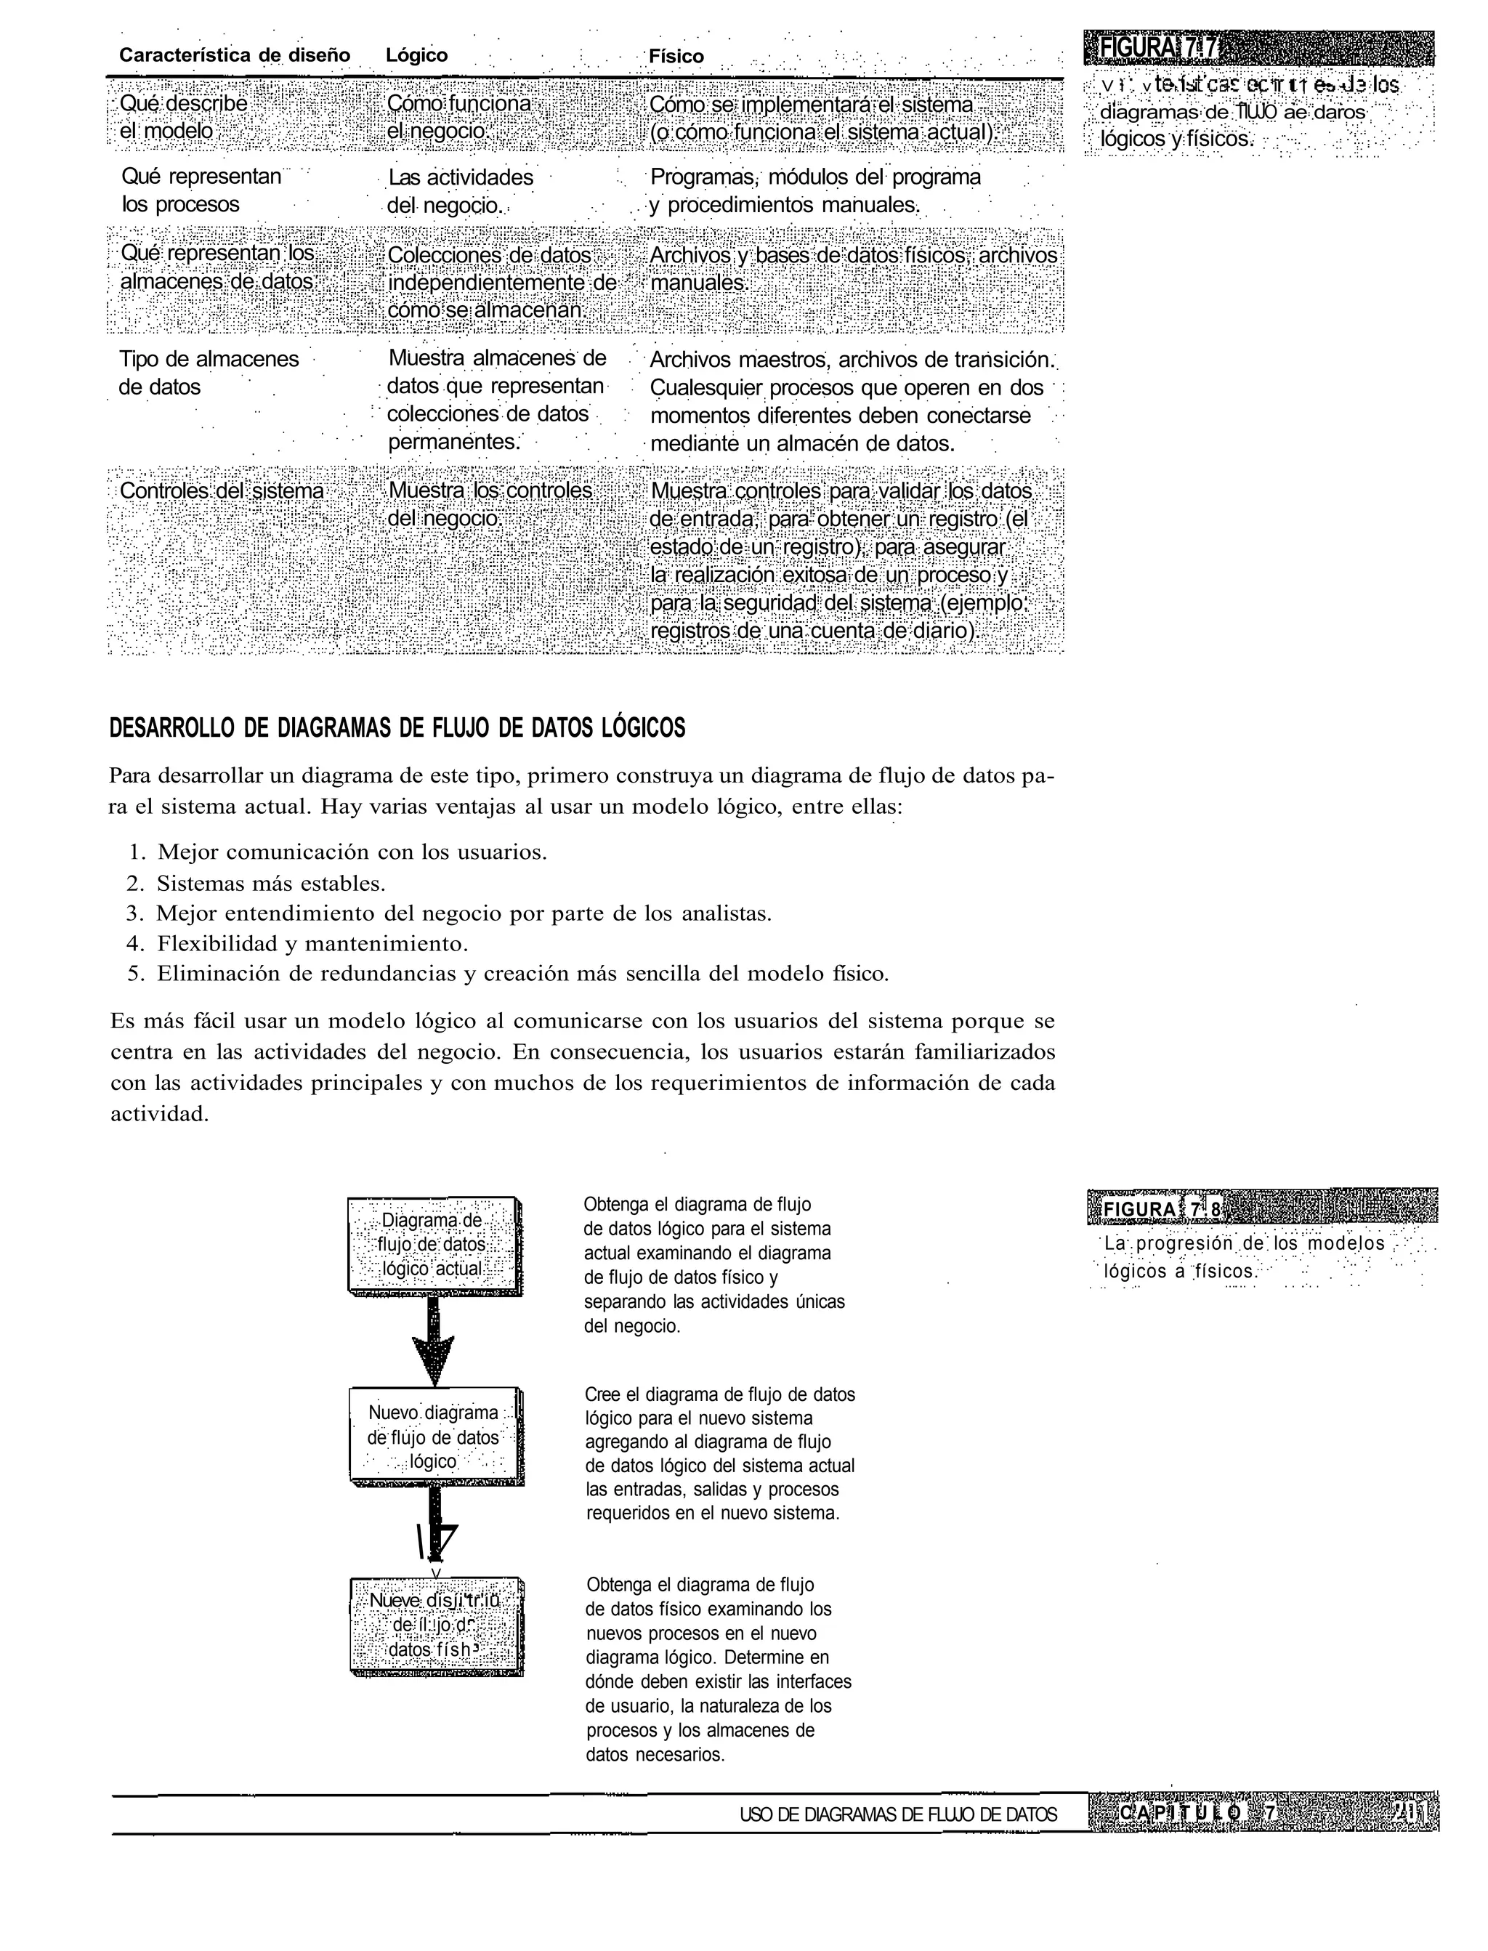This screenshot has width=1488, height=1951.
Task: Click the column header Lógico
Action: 416,56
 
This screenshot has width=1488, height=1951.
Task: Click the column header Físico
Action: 676,57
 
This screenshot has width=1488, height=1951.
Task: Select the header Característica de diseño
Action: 235,56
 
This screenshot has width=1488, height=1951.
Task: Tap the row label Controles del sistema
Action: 222,490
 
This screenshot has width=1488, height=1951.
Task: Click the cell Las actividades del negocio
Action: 460,191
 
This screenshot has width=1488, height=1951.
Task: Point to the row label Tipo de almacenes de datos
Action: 208,373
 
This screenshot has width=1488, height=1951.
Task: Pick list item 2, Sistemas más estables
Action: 270,883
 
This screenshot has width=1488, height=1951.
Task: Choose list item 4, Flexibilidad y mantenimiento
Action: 312,943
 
